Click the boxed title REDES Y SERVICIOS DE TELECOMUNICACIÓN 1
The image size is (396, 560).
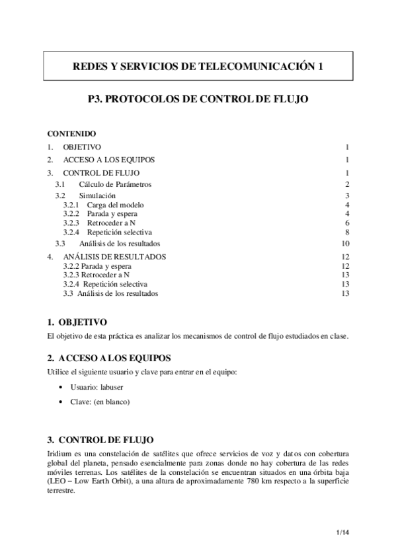(198, 66)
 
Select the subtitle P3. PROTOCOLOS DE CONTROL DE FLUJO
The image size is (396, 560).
(198, 100)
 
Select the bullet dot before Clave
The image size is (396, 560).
(61, 402)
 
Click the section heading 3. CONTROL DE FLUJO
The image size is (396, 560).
(102, 440)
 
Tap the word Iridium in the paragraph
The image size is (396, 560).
(59, 455)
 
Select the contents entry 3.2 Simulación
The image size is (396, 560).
(97, 195)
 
